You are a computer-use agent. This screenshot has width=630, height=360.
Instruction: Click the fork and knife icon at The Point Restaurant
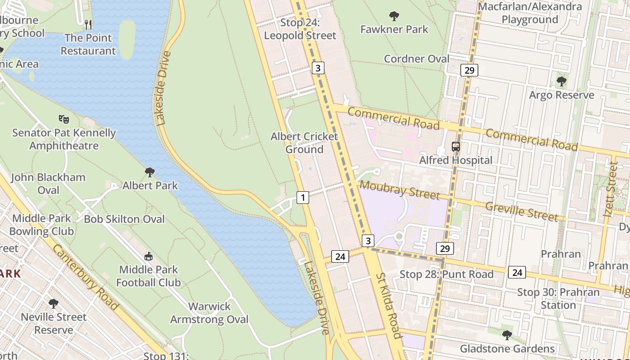88,24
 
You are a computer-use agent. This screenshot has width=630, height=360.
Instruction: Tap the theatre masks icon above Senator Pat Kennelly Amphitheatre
64,119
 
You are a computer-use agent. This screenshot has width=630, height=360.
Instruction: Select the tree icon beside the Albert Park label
150,172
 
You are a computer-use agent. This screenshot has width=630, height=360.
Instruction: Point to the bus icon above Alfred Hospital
456,147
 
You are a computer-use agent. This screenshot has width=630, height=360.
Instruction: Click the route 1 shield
303,197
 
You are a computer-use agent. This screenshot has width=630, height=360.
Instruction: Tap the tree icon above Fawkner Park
394,17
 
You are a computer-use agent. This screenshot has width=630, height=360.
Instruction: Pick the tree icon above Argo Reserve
561,81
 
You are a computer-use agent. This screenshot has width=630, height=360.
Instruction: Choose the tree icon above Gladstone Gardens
507,335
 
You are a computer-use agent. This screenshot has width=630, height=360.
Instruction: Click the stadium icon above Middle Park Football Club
148,256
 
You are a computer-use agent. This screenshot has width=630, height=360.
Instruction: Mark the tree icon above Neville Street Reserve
54,304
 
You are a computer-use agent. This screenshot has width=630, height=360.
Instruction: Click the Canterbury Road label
85,277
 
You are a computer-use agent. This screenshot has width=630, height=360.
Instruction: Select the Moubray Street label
400,189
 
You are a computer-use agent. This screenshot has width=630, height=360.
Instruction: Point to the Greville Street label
522,211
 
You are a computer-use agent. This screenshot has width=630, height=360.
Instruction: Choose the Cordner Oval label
416,59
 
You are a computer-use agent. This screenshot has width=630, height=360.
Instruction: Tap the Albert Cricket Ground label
304,143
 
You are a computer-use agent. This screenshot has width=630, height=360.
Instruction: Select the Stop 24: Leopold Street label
300,29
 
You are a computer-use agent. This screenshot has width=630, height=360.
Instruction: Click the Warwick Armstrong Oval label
209,313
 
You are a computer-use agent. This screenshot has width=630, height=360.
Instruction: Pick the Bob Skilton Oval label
124,219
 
